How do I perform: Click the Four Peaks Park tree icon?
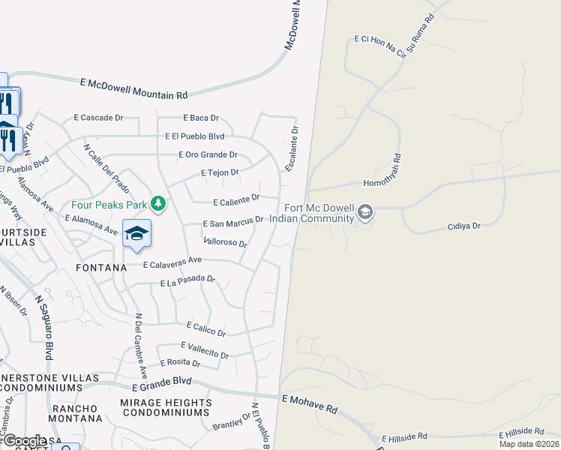[157, 203]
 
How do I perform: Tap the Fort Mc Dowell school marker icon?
[365, 213]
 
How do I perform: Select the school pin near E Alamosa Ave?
[136, 234]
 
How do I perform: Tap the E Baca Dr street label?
[201, 118]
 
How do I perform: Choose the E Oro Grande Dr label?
[208, 155]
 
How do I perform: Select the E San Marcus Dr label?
[233, 222]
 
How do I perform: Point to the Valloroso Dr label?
[225, 242]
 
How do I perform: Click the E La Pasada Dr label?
[187, 281]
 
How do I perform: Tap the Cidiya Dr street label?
[463, 225]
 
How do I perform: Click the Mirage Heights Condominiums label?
[165, 407]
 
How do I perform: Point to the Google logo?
[24, 441]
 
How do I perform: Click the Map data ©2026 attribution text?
[529, 444]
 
